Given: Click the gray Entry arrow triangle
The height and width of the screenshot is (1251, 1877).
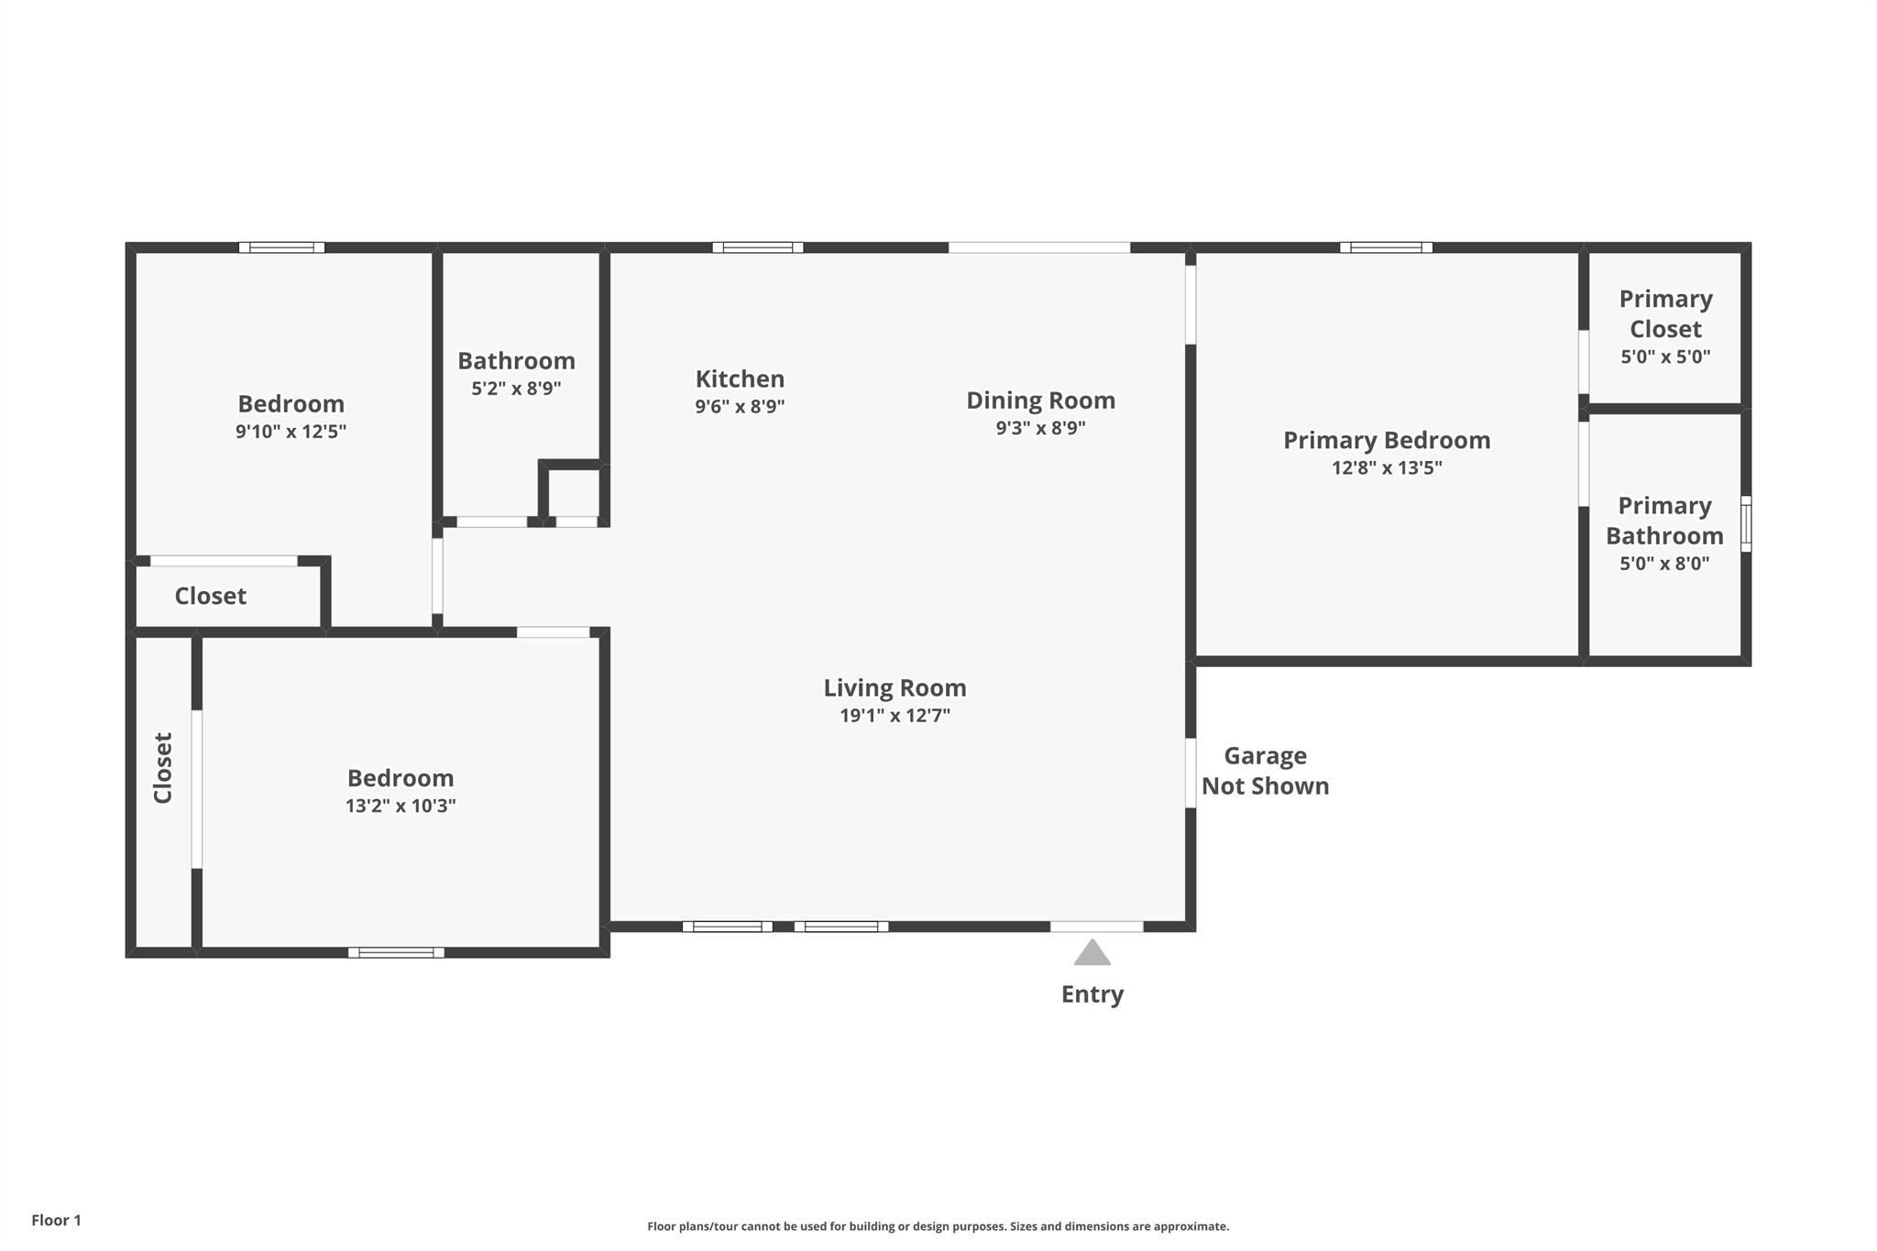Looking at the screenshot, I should pyautogui.click(x=1092, y=954).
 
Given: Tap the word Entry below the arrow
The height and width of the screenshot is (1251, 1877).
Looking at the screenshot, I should pyautogui.click(x=1092, y=994).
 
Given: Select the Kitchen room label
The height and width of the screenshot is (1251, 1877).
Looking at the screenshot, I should pyautogui.click(x=740, y=379).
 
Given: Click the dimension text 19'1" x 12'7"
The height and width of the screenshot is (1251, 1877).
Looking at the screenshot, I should pyautogui.click(x=895, y=716).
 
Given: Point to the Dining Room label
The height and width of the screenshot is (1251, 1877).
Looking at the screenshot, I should pyautogui.click(x=1040, y=401).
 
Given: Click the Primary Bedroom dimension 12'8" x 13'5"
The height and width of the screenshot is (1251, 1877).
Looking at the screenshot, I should pyautogui.click(x=1386, y=468).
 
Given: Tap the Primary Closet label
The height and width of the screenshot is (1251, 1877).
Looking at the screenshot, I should pyautogui.click(x=1665, y=313).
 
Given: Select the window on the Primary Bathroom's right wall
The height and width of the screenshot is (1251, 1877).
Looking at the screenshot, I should pyautogui.click(x=1745, y=524).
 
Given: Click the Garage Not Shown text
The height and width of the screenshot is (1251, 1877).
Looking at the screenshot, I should pyautogui.click(x=1265, y=771).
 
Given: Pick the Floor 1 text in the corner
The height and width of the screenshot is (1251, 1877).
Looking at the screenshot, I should pyautogui.click(x=56, y=1220).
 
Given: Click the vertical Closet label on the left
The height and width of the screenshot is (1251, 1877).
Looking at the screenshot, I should pyautogui.click(x=163, y=768).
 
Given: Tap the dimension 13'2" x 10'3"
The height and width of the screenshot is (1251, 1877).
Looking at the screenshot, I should pyautogui.click(x=401, y=807).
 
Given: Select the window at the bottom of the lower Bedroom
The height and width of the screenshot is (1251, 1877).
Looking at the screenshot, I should pyautogui.click(x=396, y=952).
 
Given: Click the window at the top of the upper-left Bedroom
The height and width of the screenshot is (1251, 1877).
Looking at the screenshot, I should pyautogui.click(x=281, y=247).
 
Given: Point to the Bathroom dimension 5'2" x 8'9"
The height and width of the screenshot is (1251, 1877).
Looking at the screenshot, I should pyautogui.click(x=516, y=389).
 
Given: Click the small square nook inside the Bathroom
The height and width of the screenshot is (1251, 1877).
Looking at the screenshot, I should pyautogui.click(x=574, y=493).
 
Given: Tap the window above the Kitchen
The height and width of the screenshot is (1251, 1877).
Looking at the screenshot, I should pyautogui.click(x=757, y=247).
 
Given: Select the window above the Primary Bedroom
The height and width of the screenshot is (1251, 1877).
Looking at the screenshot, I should pyautogui.click(x=1386, y=247).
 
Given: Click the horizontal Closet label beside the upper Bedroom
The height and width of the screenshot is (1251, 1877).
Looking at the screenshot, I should pyautogui.click(x=210, y=597).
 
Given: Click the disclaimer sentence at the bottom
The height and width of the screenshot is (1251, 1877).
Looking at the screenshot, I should pyautogui.click(x=938, y=1226).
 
